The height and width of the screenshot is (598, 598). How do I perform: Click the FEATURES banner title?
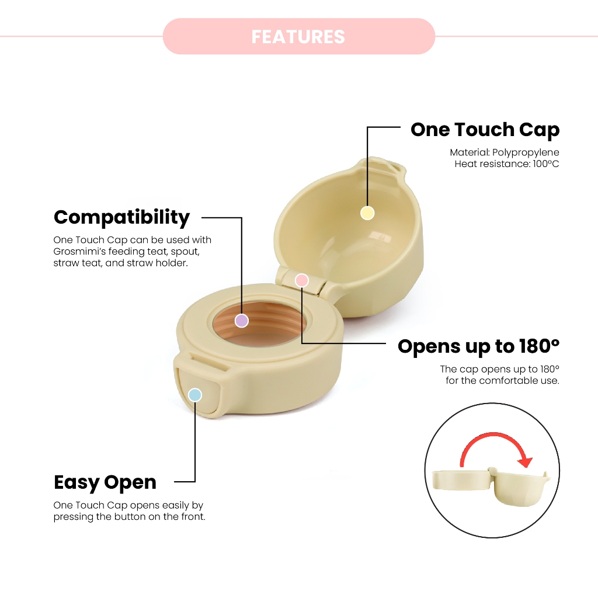298,37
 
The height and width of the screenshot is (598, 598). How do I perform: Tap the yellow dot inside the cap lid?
367,213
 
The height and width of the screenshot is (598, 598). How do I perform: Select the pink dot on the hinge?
302,280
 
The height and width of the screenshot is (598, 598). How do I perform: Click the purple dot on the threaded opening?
241,321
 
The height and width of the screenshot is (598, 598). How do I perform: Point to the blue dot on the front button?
195,395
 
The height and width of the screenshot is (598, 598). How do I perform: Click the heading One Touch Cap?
485,130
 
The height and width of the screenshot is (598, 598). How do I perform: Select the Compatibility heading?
121,217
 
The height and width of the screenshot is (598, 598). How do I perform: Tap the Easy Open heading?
105,482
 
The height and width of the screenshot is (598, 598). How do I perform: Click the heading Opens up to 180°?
478,346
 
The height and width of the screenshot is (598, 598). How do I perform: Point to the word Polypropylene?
526,152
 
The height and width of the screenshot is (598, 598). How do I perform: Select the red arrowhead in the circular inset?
526,461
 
